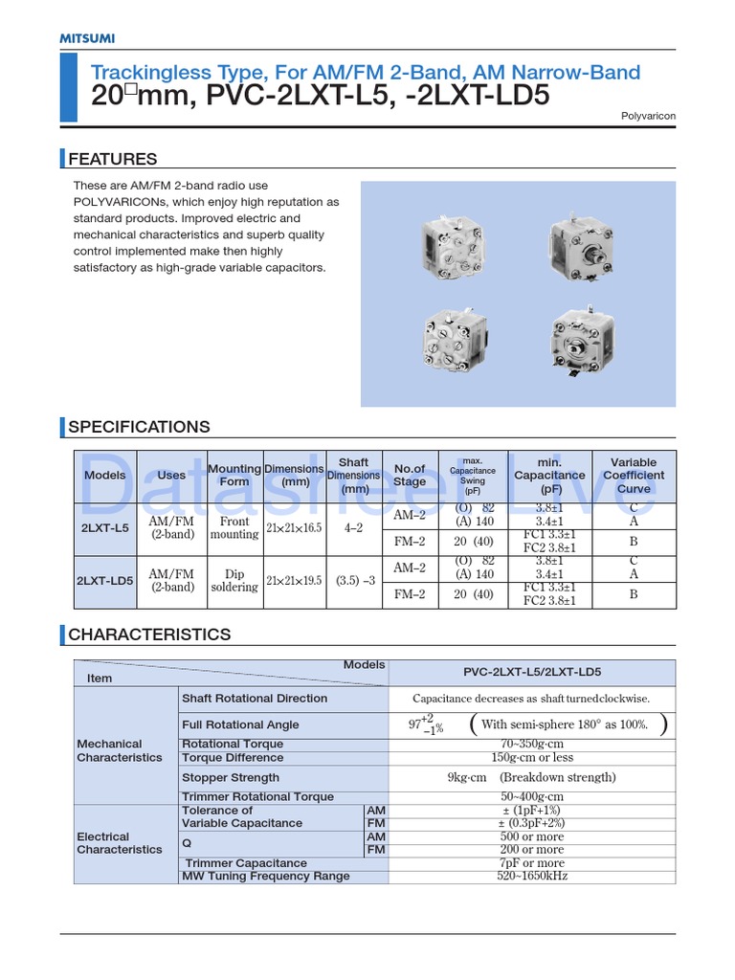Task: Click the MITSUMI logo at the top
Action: (87, 38)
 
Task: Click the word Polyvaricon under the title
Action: (649, 116)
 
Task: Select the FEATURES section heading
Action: (112, 159)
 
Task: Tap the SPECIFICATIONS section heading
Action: (139, 427)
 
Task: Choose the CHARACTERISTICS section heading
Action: (149, 635)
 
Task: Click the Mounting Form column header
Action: (234, 476)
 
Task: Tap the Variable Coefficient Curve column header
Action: (634, 476)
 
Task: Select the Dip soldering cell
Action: (234, 581)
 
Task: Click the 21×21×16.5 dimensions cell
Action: (294, 528)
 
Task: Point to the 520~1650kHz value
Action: (532, 876)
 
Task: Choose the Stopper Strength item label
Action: (231, 778)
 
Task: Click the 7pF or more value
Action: (532, 863)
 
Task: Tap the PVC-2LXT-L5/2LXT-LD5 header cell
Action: (532, 672)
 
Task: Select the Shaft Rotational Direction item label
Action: (255, 699)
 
